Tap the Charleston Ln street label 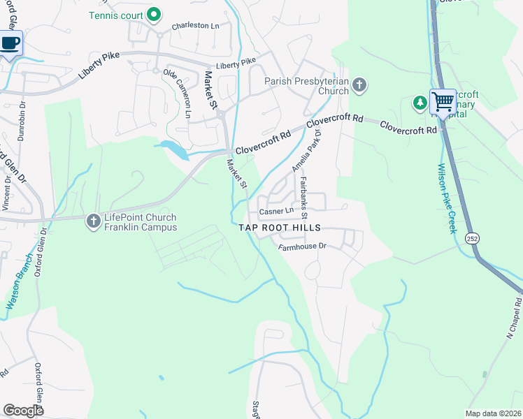pyautogui.click(x=195, y=26)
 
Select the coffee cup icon pyautogui.click(x=10, y=43)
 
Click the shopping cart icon pyautogui.click(x=443, y=102)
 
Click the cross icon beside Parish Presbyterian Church pyautogui.click(x=359, y=86)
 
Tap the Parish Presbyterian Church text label pyautogui.click(x=306, y=86)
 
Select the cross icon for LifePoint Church pyautogui.click(x=92, y=222)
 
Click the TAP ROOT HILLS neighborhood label pyautogui.click(x=280, y=228)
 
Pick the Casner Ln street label pyautogui.click(x=276, y=211)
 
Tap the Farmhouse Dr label pyautogui.click(x=302, y=246)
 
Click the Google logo pyautogui.click(x=24, y=410)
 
